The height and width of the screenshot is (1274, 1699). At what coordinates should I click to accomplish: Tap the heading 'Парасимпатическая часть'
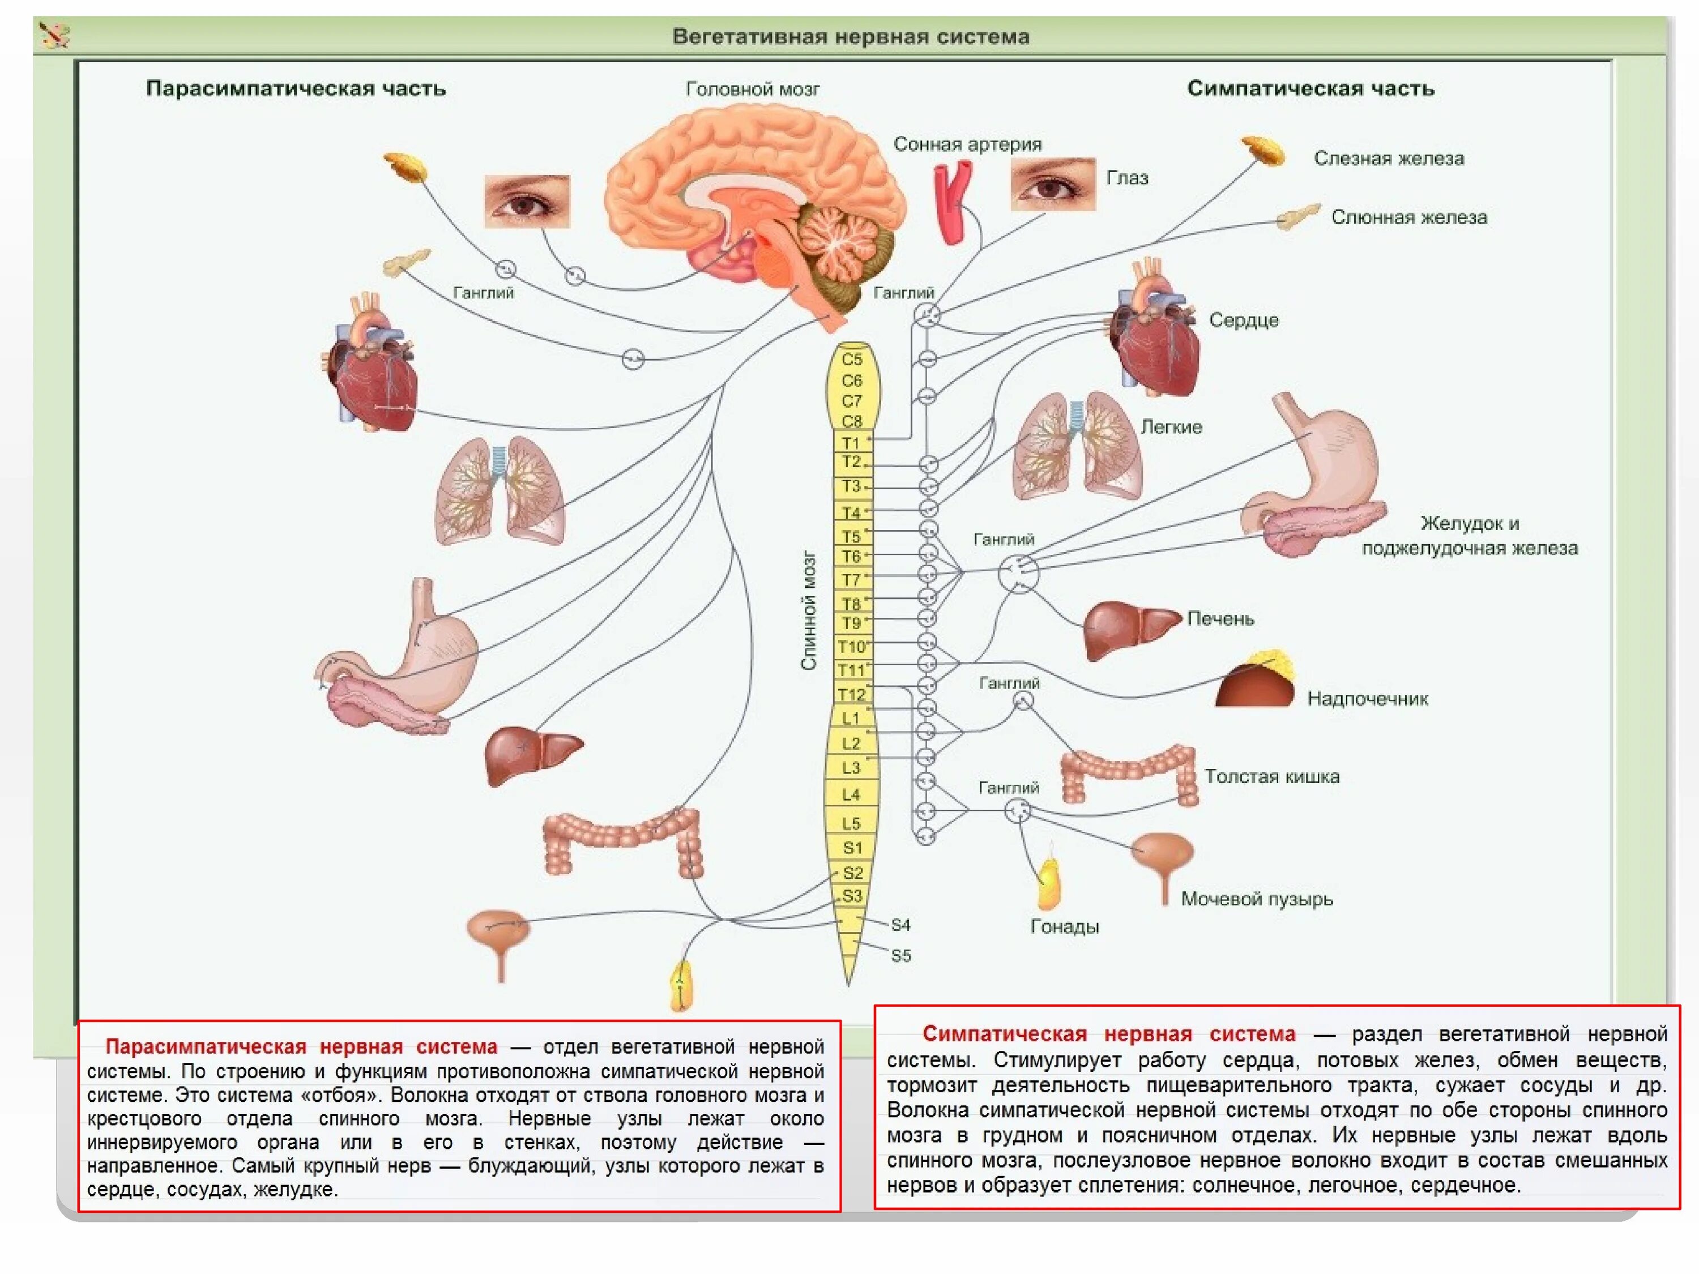[x=296, y=88]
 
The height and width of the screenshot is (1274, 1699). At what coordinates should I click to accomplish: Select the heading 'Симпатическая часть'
[x=1310, y=88]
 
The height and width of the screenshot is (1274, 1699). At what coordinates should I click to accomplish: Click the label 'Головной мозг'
[x=752, y=89]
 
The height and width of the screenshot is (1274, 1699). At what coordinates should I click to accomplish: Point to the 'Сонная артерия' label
[x=967, y=144]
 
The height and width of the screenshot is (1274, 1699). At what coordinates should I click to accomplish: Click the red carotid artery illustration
[x=953, y=201]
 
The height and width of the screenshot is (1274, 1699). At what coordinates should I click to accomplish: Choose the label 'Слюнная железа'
[x=1408, y=217]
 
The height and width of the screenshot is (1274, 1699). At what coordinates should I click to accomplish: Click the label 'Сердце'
[x=1244, y=320]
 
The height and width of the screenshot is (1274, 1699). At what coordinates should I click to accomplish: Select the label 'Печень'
[x=1220, y=618]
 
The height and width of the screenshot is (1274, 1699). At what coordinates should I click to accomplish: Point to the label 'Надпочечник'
[x=1367, y=699]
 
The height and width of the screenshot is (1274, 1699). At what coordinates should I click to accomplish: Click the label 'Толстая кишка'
[x=1271, y=776]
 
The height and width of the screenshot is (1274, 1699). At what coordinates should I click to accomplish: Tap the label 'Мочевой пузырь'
[x=1257, y=899]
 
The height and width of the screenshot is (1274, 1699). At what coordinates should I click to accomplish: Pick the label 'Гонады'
[x=1064, y=926]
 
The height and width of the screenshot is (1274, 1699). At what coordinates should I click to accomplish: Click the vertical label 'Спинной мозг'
[x=809, y=610]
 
